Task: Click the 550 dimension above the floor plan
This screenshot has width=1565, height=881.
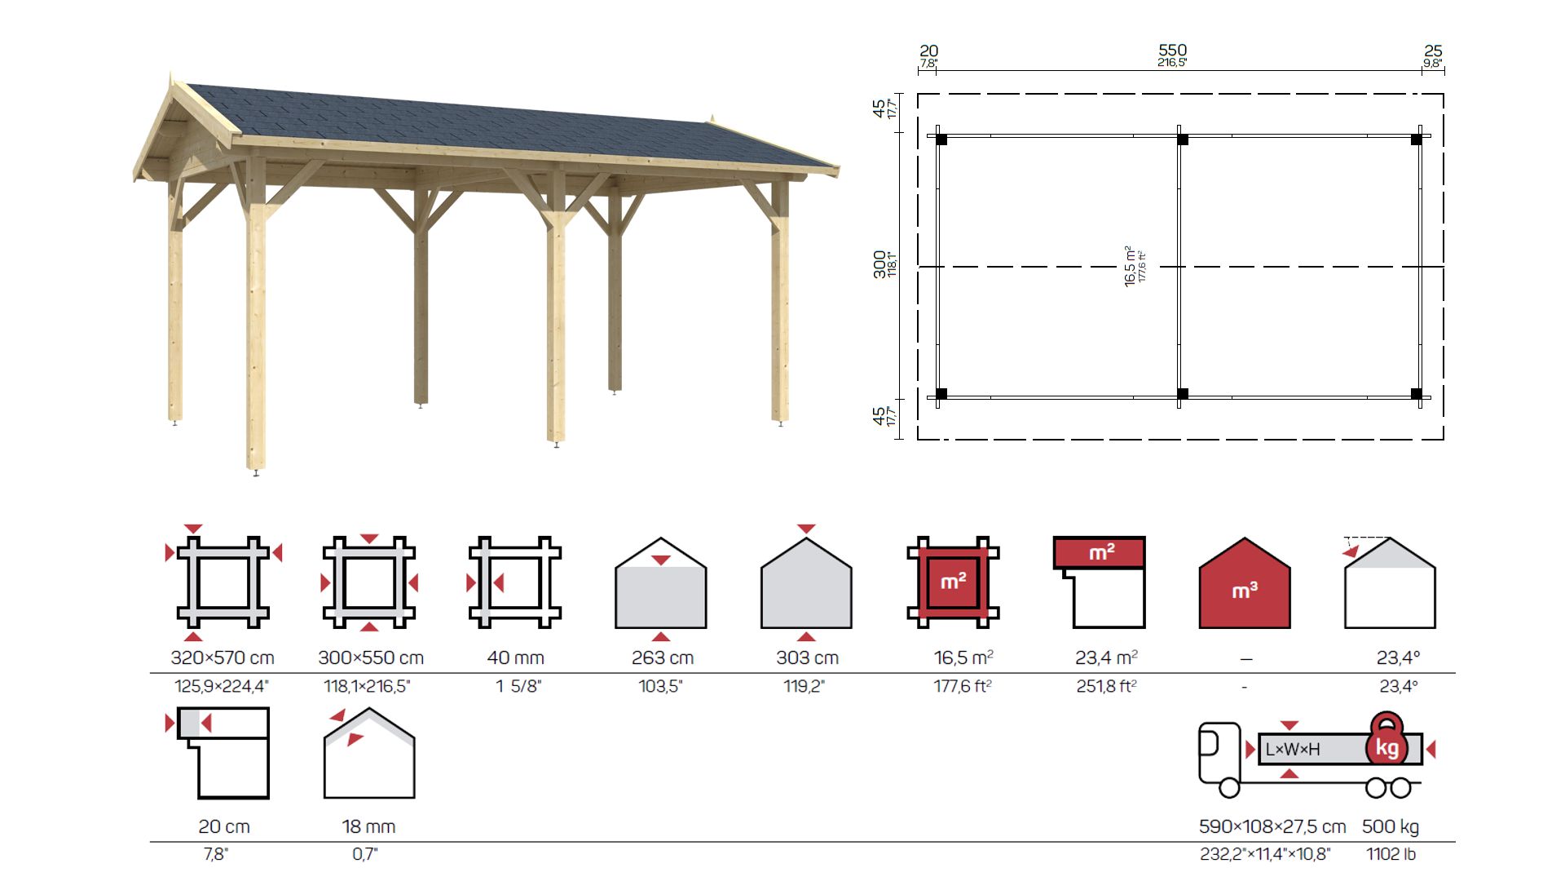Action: click(x=1172, y=51)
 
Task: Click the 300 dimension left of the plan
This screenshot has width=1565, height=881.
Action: click(x=879, y=264)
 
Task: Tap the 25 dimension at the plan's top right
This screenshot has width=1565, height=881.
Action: click(x=1433, y=51)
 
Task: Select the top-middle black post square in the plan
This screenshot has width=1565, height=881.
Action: click(x=1183, y=139)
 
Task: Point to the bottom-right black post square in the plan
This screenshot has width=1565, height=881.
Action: click(x=1417, y=394)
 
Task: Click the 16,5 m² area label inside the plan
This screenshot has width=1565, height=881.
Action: click(x=1130, y=265)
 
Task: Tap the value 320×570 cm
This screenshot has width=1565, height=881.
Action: click(x=223, y=657)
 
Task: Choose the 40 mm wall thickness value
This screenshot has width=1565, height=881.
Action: click(x=515, y=657)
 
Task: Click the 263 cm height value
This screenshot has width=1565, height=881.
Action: click(x=662, y=657)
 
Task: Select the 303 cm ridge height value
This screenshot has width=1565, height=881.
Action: click(x=807, y=657)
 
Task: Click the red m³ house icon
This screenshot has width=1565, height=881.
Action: click(x=1245, y=582)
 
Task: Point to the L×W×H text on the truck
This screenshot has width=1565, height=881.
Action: click(x=1293, y=749)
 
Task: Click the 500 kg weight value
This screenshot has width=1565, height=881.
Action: click(x=1391, y=826)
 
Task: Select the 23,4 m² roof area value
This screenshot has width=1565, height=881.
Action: click(x=1106, y=657)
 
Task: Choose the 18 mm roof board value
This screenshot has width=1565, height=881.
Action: click(x=368, y=826)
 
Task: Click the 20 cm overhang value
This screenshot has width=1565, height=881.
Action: click(x=224, y=826)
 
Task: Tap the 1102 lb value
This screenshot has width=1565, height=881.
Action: click(x=1391, y=854)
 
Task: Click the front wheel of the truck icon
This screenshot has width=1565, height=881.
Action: click(x=1229, y=787)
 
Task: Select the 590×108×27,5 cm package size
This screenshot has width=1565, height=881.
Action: click(x=1272, y=826)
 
